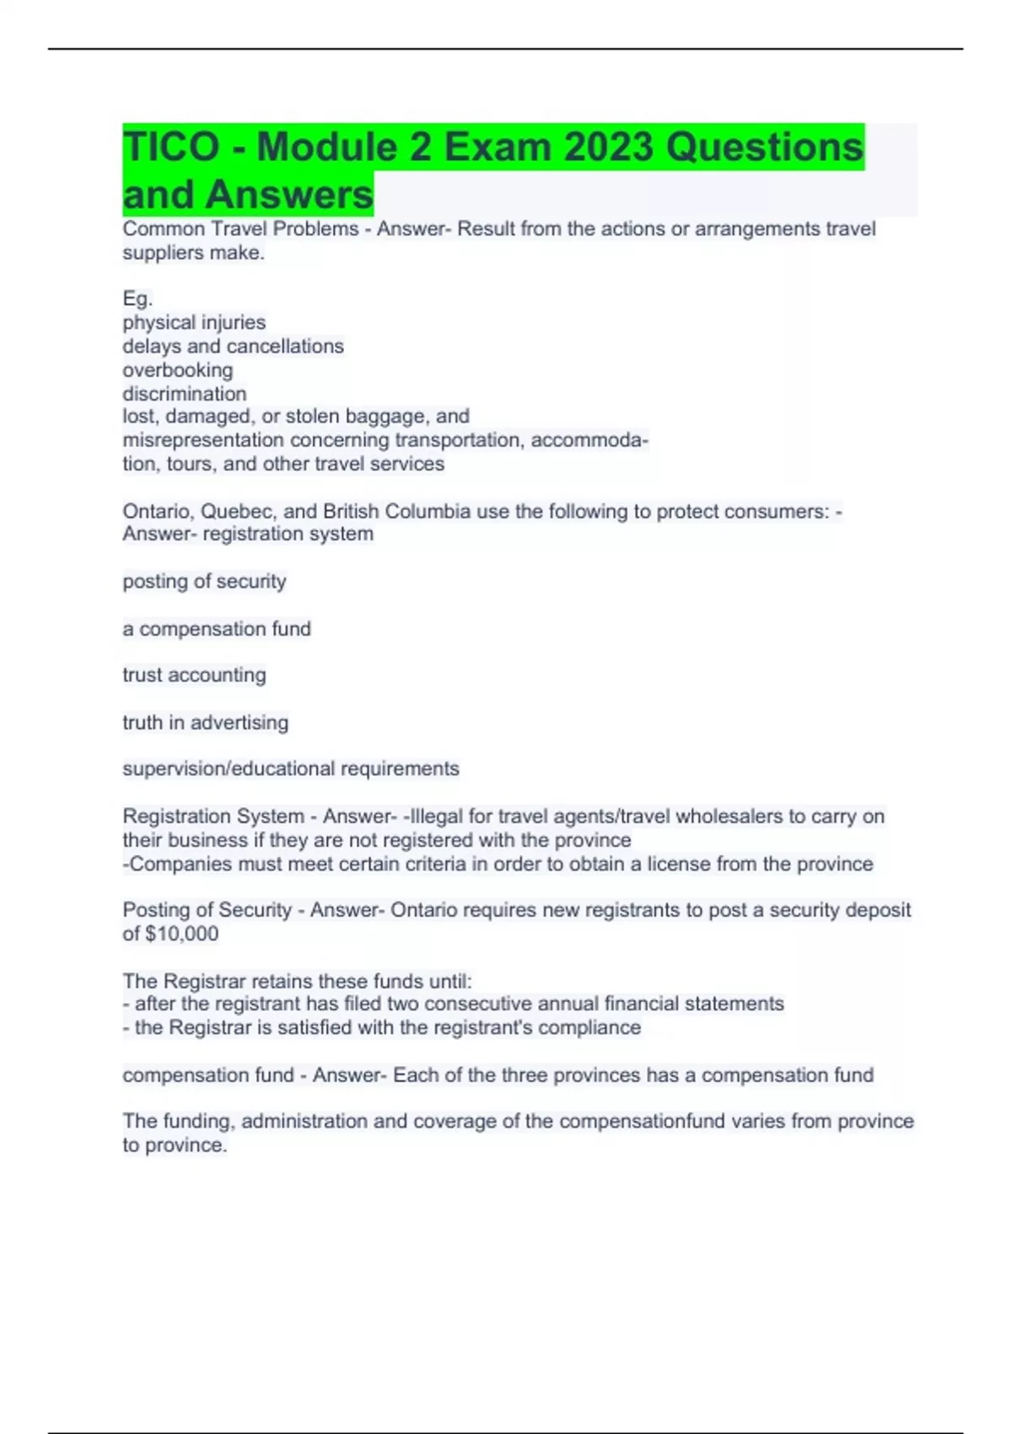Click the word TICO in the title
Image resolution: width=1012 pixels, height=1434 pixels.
pyautogui.click(x=171, y=147)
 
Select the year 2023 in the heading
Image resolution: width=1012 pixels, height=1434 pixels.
pyautogui.click(x=608, y=147)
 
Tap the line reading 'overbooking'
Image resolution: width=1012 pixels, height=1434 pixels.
pyautogui.click(x=178, y=369)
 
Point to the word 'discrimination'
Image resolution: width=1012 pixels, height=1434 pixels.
pyautogui.click(x=185, y=393)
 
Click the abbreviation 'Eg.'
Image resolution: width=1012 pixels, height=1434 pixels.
pyautogui.click(x=137, y=299)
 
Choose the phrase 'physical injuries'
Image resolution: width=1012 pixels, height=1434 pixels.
pyautogui.click(x=194, y=322)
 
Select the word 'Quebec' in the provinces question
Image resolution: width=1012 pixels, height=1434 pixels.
pyautogui.click(x=237, y=511)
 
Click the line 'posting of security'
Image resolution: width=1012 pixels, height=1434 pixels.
pyautogui.click(x=204, y=581)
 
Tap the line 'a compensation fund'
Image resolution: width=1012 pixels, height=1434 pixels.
pyautogui.click(x=217, y=628)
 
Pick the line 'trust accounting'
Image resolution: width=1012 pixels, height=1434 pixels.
pyautogui.click(x=194, y=675)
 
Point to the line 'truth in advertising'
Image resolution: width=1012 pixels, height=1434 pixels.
pyautogui.click(x=206, y=722)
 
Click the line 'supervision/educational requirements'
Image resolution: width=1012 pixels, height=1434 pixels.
pyautogui.click(x=291, y=768)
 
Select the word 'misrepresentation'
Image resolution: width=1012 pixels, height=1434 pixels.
pyautogui.click(x=203, y=439)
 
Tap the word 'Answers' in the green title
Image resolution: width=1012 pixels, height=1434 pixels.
pyautogui.click(x=288, y=194)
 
